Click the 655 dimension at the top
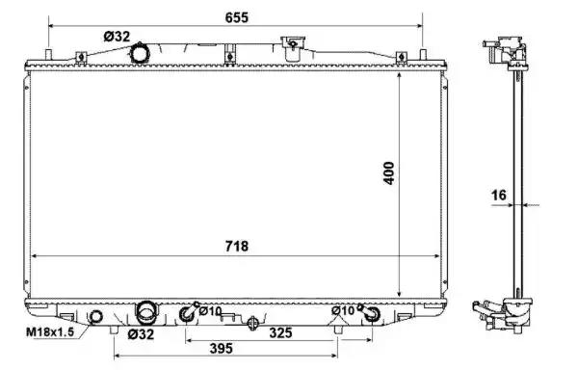237,17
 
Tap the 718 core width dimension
237,246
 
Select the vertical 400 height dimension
389,173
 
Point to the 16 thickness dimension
499,195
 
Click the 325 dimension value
281,332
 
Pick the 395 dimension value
222,348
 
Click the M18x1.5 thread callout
50,332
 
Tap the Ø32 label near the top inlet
117,37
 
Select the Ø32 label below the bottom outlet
141,334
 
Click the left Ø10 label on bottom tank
210,311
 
